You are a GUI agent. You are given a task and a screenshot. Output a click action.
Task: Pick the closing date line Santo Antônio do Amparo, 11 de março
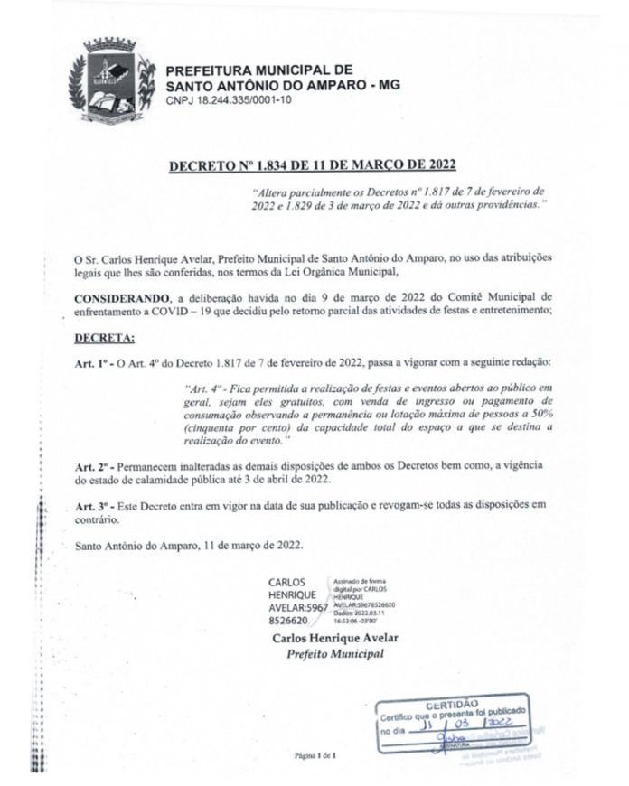pos(190,545)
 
